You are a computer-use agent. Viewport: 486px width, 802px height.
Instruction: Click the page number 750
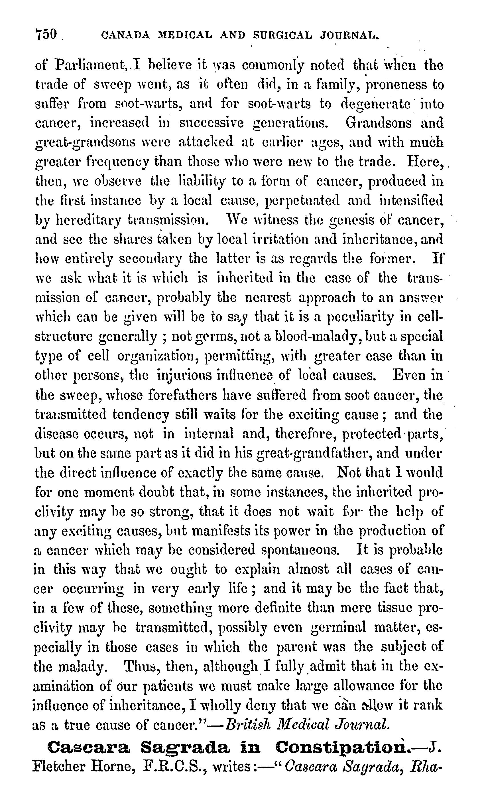click(x=46, y=34)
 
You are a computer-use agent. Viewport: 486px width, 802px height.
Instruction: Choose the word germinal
click(x=338, y=628)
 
